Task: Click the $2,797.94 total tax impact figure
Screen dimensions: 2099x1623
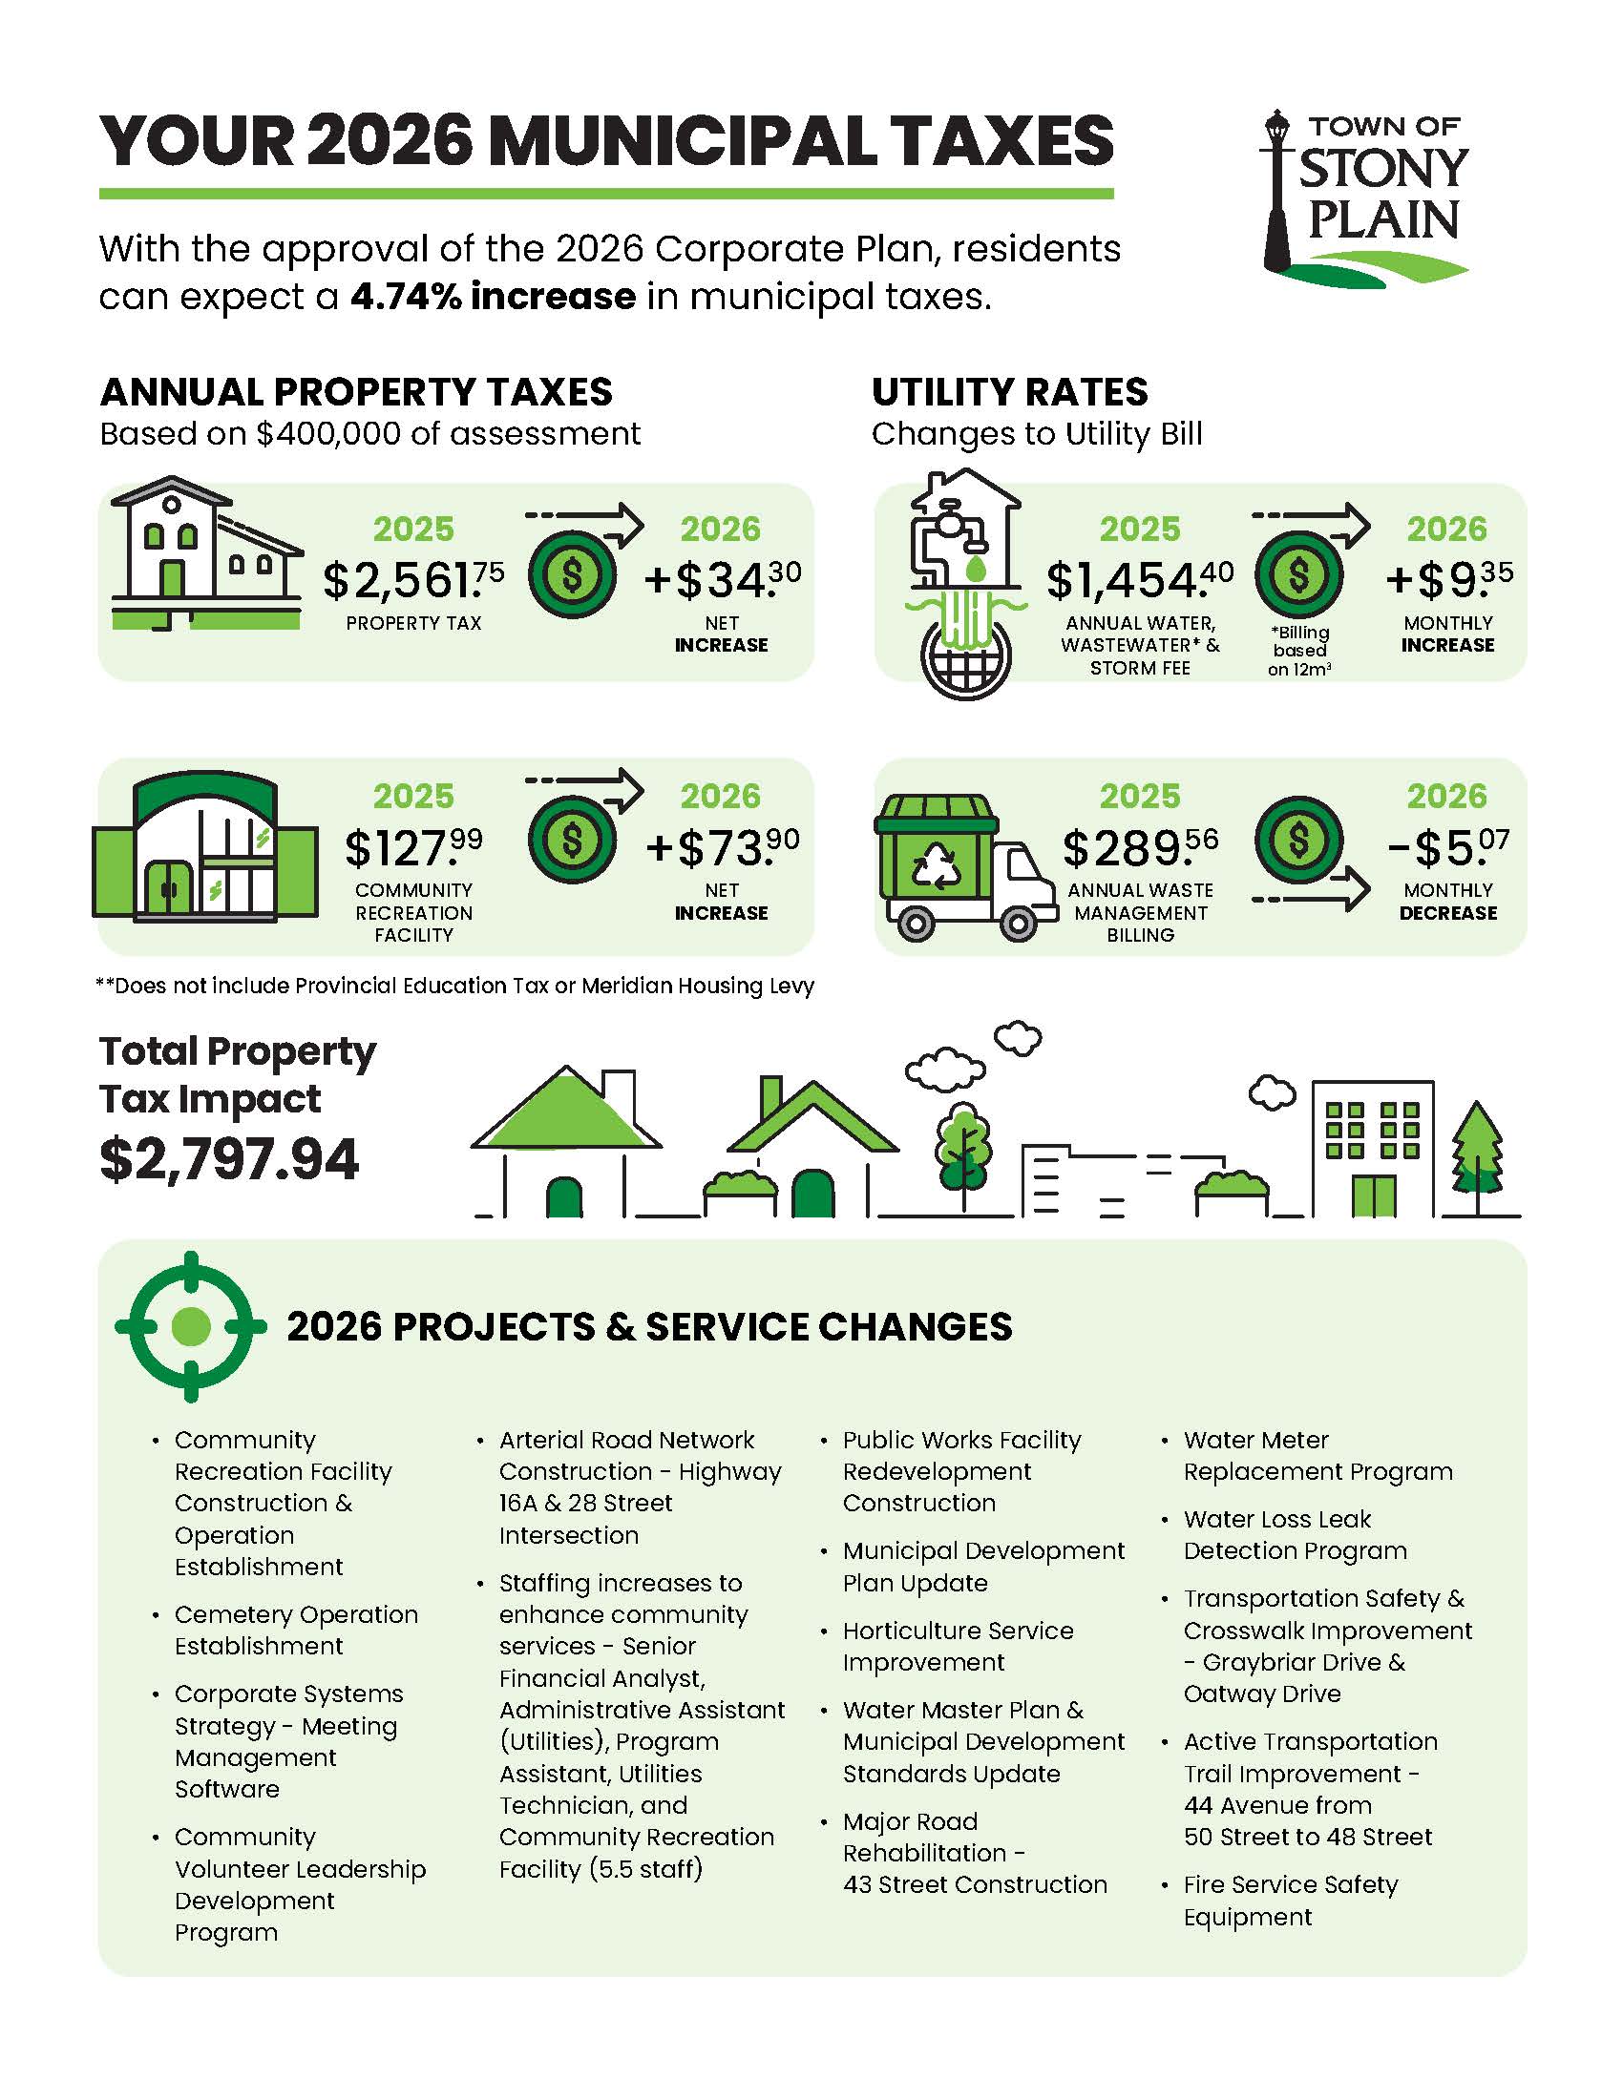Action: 229,1158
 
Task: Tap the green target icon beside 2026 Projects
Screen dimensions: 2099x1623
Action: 190,1326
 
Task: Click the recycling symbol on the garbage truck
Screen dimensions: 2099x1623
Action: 935,868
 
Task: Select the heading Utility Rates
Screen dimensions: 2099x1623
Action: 1009,392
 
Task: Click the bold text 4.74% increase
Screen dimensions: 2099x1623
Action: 493,297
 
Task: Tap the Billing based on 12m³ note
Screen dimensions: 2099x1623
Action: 1299,651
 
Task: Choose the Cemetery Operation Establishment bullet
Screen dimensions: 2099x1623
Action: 296,1630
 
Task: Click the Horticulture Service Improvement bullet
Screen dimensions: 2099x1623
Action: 958,1647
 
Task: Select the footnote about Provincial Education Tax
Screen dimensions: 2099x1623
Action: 455,987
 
